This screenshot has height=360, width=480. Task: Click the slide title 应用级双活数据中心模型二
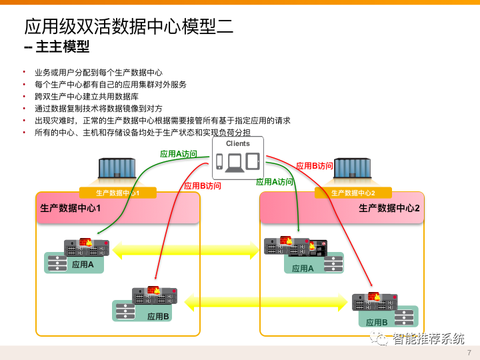coord(129,26)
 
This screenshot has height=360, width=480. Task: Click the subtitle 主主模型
coord(57,47)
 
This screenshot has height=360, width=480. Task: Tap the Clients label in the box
coord(238,143)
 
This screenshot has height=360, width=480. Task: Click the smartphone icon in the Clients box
coord(219,161)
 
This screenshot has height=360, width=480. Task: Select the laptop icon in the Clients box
coord(235,162)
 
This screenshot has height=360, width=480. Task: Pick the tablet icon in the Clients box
coord(252,161)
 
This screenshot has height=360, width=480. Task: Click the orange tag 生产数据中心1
coord(117,193)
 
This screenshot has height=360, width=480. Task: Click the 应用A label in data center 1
coord(83,265)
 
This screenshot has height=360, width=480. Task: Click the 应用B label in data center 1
coord(158,316)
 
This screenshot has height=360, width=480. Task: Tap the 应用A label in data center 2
coord(303,269)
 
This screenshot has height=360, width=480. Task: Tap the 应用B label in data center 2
coord(377,323)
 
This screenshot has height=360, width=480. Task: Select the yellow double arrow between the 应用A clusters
coord(186,251)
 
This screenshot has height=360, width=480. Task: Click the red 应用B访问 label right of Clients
coord(315,166)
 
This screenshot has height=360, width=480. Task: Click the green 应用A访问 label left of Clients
coord(179,154)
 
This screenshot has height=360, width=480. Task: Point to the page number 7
coord(469,353)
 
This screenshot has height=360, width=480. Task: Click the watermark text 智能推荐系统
coord(428,339)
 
